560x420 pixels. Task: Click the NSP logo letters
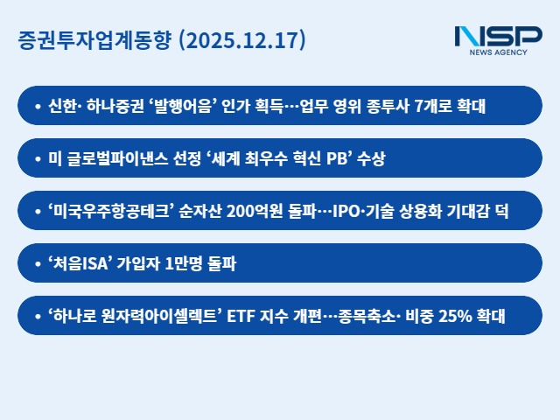click(498, 37)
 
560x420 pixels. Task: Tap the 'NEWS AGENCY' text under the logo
click(499, 53)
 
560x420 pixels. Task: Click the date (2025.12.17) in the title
click(241, 40)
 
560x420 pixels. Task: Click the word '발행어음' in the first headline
click(183, 106)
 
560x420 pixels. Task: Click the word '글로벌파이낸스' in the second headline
click(113, 158)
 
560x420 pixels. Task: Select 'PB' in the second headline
click(338, 158)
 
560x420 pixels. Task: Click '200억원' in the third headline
click(255, 211)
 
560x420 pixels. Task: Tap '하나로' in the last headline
click(74, 316)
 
